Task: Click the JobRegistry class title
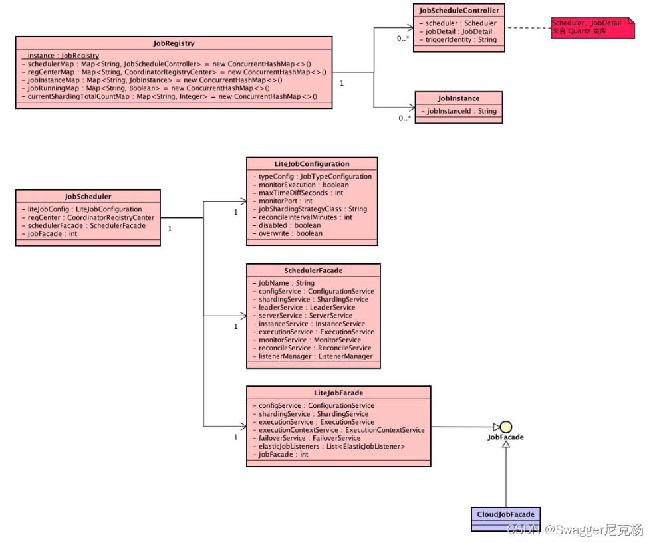(x=174, y=43)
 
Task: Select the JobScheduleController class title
(x=459, y=10)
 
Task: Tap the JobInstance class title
(x=458, y=98)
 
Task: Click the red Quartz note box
(x=592, y=27)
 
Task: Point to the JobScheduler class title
(x=88, y=197)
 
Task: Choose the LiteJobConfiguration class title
(x=312, y=163)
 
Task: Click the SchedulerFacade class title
(x=313, y=271)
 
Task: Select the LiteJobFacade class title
(x=338, y=393)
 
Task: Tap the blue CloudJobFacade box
(x=505, y=514)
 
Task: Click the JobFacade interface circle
(x=505, y=427)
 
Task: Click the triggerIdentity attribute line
(x=461, y=40)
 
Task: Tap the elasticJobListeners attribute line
(x=328, y=447)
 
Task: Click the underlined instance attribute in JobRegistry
(x=60, y=56)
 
